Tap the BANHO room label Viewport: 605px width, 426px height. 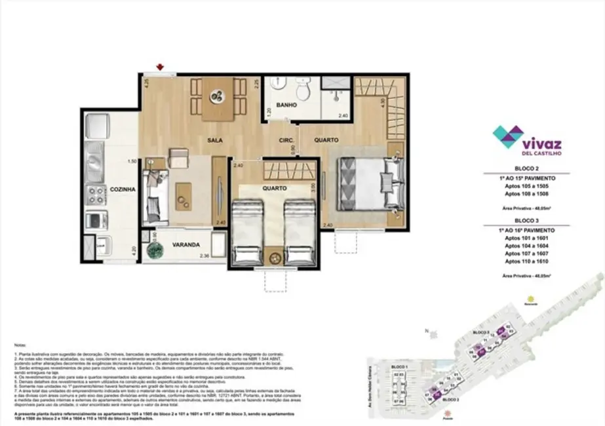point(286,105)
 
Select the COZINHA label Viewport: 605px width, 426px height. point(123,189)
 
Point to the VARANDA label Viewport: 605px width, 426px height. point(186,244)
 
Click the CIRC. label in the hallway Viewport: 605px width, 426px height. point(286,140)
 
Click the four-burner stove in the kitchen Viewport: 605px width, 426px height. point(97,193)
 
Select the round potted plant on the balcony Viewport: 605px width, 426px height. point(156,251)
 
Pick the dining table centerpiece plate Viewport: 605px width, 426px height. point(216,98)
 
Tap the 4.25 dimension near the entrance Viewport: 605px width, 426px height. point(148,83)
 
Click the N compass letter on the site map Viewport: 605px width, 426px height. point(426,330)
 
